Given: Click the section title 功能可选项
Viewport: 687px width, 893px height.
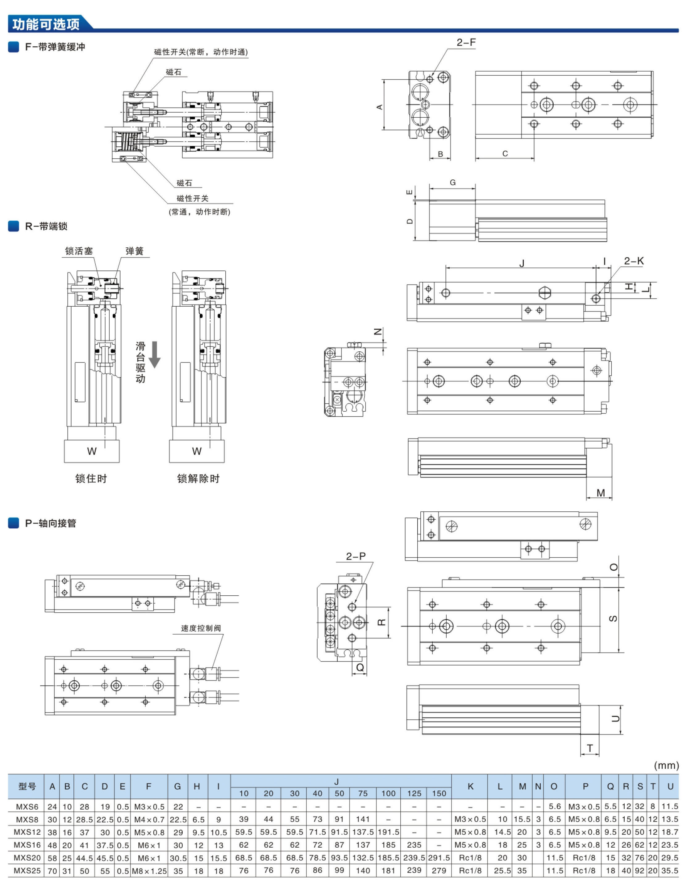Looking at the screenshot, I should (x=46, y=24).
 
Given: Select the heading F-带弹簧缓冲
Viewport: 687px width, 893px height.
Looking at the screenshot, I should (x=55, y=47).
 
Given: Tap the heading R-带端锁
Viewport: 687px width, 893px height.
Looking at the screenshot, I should (x=46, y=226).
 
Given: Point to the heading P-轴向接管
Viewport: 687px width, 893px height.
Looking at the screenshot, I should (x=50, y=523).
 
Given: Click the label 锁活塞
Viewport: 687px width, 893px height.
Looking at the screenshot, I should (x=79, y=251).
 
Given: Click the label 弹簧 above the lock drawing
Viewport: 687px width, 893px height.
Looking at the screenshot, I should (x=135, y=251).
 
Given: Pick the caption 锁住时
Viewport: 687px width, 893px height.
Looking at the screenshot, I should (x=91, y=478).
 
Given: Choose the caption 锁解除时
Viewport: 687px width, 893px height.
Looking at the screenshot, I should (x=198, y=478).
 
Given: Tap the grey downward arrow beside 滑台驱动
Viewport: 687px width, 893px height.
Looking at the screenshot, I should (x=155, y=354).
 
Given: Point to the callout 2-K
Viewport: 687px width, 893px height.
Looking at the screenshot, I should (x=634, y=261).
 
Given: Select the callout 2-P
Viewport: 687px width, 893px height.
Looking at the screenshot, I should (x=356, y=556).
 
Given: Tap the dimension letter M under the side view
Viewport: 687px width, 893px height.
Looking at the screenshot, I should (x=600, y=493).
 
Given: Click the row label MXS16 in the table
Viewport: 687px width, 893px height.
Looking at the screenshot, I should (x=27, y=845).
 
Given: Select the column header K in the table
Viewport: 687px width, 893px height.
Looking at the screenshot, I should (x=470, y=786).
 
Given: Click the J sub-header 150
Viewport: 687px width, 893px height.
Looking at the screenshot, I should (x=439, y=794).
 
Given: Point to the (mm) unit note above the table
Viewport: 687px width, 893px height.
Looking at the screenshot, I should (x=666, y=765).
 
